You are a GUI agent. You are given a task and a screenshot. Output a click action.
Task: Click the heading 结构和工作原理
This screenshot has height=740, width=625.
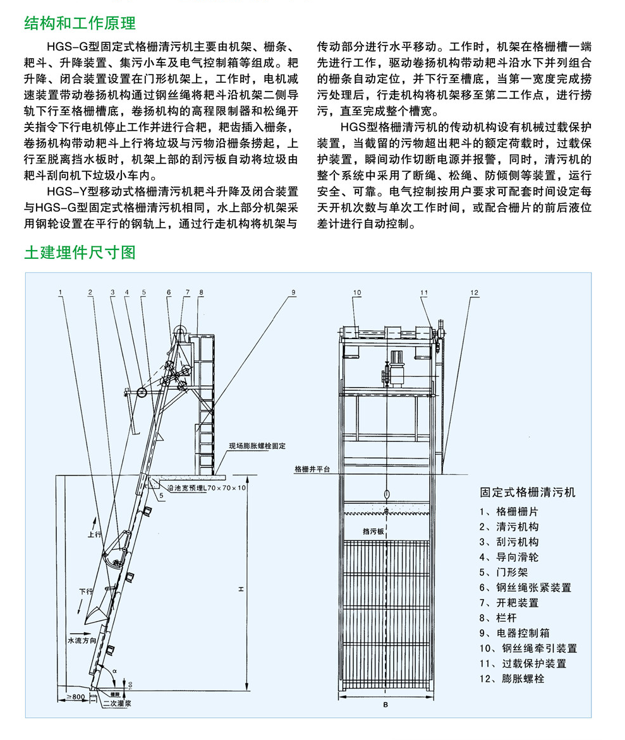pyautogui.click(x=80, y=23)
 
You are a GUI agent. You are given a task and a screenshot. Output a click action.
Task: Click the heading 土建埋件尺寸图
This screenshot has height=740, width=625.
pyautogui.click(x=80, y=253)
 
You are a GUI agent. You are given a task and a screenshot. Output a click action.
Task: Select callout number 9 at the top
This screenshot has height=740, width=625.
pyautogui.click(x=293, y=292)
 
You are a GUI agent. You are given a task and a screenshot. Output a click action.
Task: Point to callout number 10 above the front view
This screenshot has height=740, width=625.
pyautogui.click(x=357, y=292)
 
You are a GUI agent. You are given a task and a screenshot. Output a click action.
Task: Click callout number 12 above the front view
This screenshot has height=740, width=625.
pyautogui.click(x=474, y=292)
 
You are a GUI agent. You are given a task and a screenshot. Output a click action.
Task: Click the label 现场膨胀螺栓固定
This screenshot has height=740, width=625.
pyautogui.click(x=257, y=446)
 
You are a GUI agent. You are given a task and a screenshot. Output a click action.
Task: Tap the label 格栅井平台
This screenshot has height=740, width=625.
pyautogui.click(x=312, y=470)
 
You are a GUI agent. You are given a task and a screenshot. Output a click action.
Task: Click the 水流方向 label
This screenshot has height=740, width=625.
pyautogui.click(x=83, y=640)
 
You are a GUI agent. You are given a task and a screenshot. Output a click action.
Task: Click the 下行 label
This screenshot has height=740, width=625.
pyautogui.click(x=86, y=592)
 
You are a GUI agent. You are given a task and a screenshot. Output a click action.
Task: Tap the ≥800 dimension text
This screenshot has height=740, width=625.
pyautogui.click(x=76, y=696)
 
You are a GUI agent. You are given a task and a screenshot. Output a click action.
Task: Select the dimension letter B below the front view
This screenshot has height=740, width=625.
pyautogui.click(x=385, y=705)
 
